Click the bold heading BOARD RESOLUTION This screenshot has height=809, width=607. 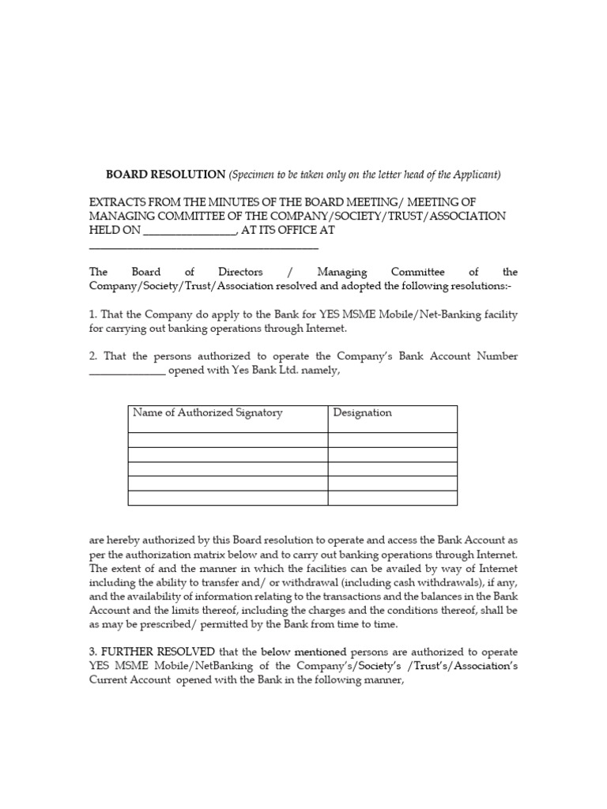[166, 175]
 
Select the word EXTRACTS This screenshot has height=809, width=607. [119, 202]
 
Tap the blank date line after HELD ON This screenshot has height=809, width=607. [189, 231]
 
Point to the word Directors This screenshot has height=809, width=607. [240, 272]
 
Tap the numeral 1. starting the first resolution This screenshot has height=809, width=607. [92, 314]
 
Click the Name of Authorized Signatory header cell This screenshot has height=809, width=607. [207, 413]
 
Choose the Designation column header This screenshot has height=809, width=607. [362, 413]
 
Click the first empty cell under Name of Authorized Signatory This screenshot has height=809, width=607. [228, 440]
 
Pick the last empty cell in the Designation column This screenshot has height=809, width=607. [392, 498]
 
